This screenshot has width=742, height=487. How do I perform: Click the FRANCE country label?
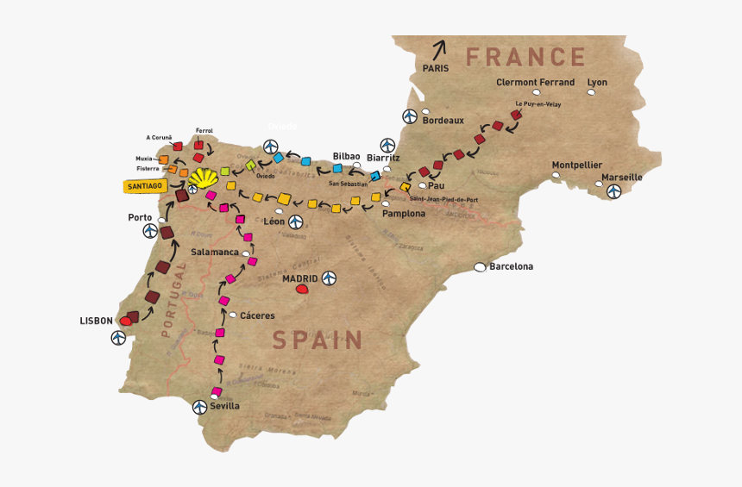[525, 58]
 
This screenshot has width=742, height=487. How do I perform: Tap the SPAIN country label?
[318, 340]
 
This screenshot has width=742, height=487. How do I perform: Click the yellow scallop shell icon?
[203, 178]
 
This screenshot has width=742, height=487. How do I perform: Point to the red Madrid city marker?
[302, 290]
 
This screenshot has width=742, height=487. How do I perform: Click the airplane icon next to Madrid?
[329, 278]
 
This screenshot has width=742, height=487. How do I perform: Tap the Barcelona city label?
[511, 266]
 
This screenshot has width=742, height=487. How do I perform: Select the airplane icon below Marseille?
[613, 191]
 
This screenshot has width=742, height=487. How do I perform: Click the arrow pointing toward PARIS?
[440, 49]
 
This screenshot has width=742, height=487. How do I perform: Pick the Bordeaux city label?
[443, 121]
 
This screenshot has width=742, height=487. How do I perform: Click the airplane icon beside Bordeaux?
[410, 117]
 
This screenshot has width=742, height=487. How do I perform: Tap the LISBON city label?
[96, 321]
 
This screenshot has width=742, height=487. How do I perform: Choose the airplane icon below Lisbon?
[118, 338]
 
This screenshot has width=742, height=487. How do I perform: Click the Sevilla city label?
[225, 405]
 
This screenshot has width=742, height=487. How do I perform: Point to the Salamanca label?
[215, 252]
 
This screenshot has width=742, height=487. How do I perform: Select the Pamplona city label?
[404, 213]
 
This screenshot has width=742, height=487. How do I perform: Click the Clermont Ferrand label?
[535, 83]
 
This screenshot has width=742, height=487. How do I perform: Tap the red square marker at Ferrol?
[199, 146]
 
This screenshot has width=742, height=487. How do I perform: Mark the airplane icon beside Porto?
[151, 231]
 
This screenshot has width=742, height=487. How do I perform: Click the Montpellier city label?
[577, 165]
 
